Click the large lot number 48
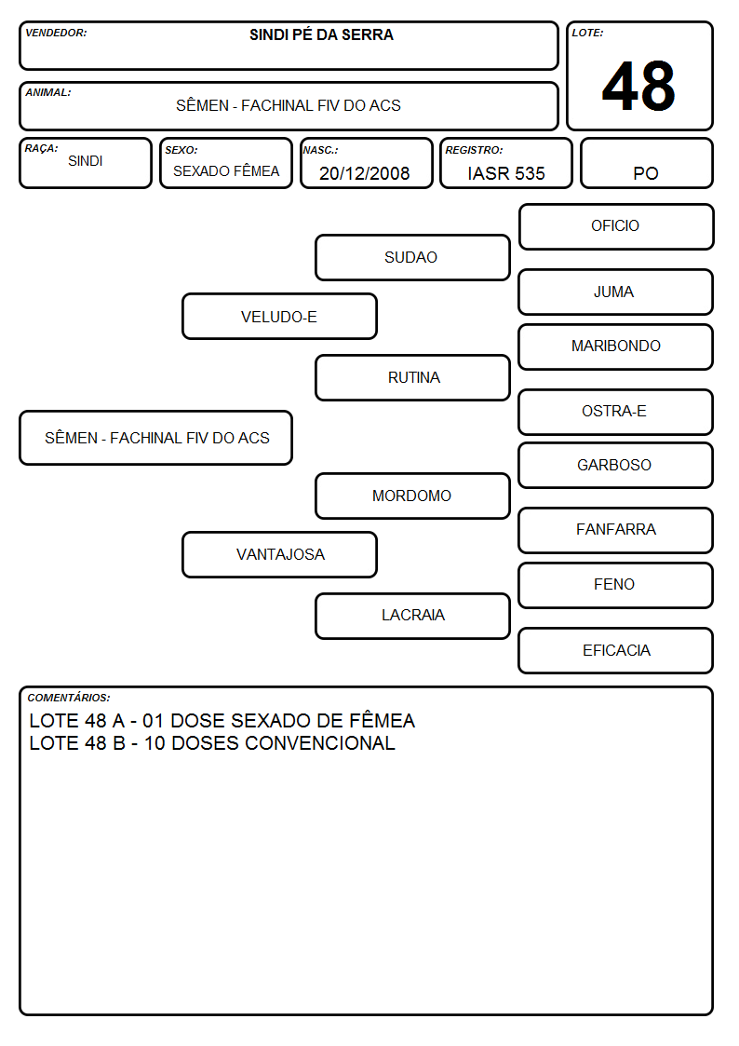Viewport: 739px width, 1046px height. tap(638, 86)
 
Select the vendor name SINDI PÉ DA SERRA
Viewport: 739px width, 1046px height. tap(321, 34)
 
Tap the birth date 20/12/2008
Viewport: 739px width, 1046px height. tap(365, 173)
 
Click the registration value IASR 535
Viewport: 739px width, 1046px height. tap(506, 173)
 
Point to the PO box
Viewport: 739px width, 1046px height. tap(646, 163)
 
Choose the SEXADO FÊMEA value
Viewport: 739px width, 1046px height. tap(226, 171)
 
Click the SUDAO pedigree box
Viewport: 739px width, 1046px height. tap(412, 257)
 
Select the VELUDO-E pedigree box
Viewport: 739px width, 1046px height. tap(279, 317)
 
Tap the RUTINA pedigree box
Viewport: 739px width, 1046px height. tap(412, 377)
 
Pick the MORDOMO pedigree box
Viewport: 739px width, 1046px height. tap(412, 496)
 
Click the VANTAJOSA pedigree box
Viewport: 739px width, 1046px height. tap(279, 554)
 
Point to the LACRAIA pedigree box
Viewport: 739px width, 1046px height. tap(412, 616)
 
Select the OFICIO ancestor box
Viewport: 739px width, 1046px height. tap(616, 227)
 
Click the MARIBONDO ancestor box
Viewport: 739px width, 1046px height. tap(616, 346)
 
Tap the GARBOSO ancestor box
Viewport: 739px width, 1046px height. tap(616, 466)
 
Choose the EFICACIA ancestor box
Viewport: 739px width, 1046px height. tap(616, 650)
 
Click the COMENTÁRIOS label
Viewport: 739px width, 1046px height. tap(69, 698)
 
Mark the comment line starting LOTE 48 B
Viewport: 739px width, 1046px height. tap(212, 743)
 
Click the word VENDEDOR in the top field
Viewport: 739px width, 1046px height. tap(56, 33)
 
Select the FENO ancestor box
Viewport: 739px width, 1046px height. tap(616, 585)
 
